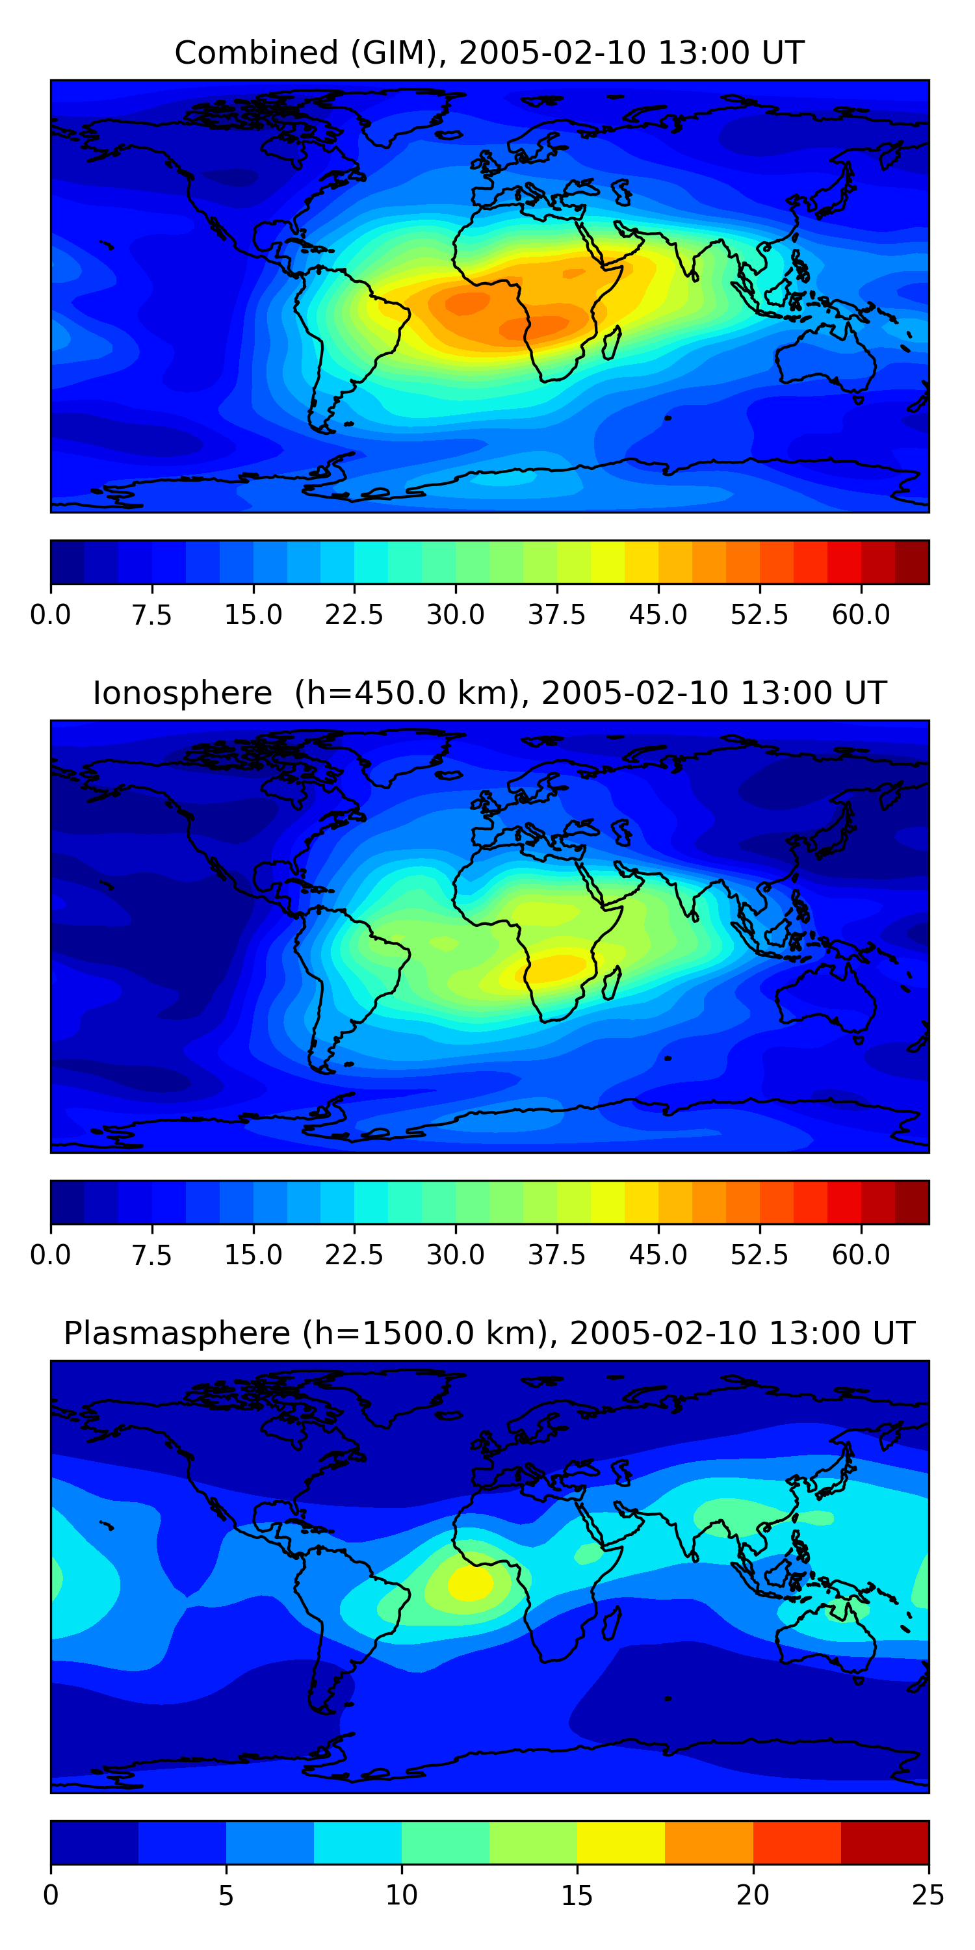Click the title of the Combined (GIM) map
(489, 53)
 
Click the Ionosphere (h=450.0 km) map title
(489, 693)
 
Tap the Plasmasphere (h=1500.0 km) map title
(489, 1333)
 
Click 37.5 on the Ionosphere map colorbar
(556, 1255)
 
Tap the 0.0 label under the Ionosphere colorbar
(51, 1255)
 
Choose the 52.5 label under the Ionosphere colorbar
(759, 1255)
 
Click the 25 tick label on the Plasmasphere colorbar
(928, 1895)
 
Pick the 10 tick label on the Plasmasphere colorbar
(401, 1895)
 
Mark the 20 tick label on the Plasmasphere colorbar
(753, 1895)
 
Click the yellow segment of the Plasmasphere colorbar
(621, 1841)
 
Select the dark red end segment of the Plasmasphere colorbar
(884, 1841)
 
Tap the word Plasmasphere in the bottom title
(176, 1333)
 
